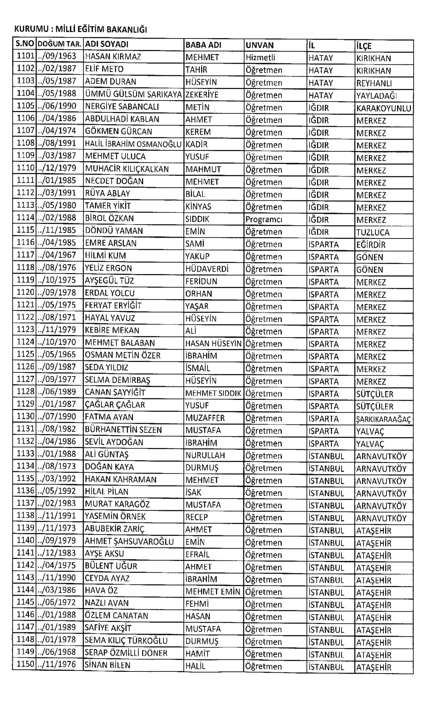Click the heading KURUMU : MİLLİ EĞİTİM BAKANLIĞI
[80, 30]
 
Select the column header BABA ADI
[203, 45]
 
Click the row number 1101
[25, 56]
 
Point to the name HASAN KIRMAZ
[113, 57]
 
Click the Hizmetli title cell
[260, 58]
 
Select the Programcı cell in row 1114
[264, 219]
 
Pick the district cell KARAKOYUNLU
[383, 108]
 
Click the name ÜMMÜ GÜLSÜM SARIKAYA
[133, 94]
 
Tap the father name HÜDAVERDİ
[207, 269]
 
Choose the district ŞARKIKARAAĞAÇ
[383, 419]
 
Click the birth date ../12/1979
[57, 169]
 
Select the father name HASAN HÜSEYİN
[213, 344]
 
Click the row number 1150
[25, 664]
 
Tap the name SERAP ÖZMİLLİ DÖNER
[126, 653]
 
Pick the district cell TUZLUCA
[372, 233]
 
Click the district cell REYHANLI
[374, 83]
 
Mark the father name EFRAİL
[197, 554]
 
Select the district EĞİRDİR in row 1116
[371, 245]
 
